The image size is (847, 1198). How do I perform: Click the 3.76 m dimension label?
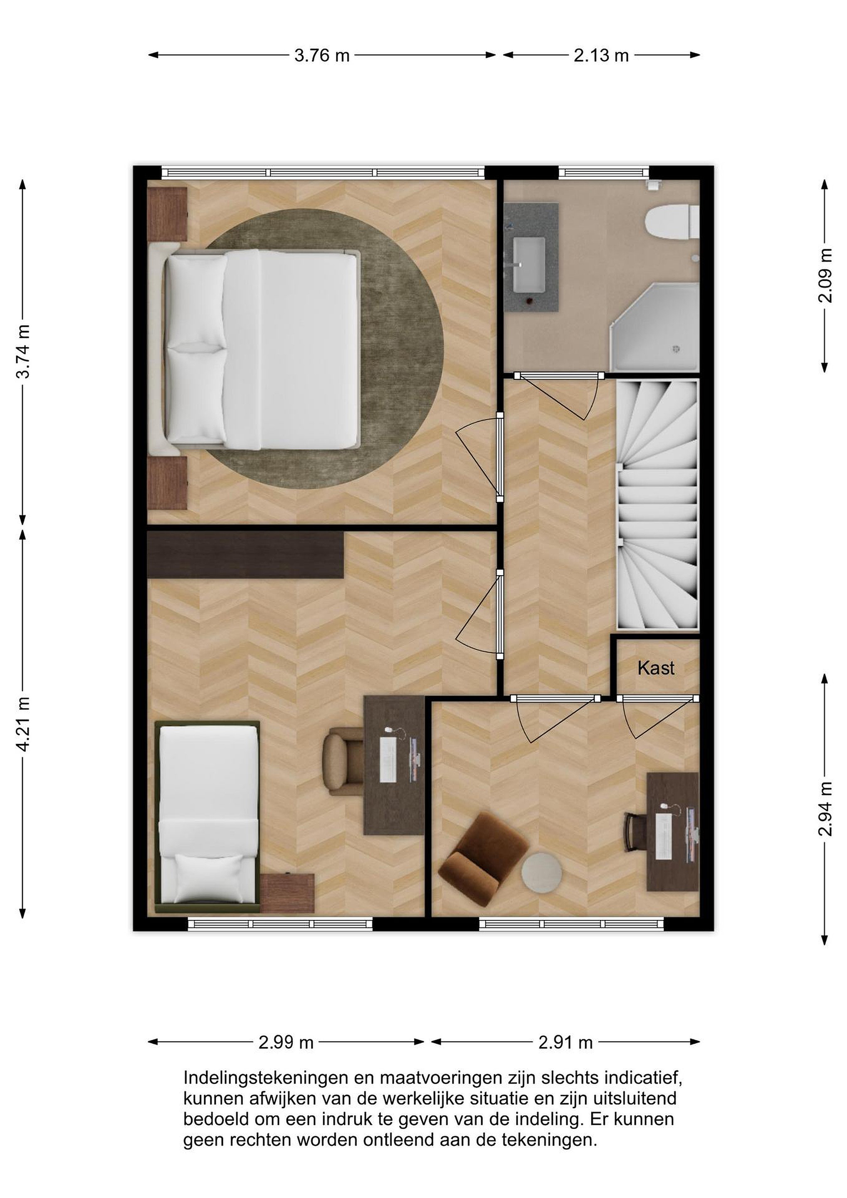coord(322,55)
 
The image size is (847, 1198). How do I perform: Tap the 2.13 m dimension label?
coord(601,55)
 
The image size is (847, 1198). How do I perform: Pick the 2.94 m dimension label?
coord(825,809)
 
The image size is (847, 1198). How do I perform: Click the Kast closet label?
coord(656,668)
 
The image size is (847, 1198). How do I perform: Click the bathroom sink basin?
coord(529,265)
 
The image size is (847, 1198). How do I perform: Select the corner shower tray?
coord(654,327)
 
